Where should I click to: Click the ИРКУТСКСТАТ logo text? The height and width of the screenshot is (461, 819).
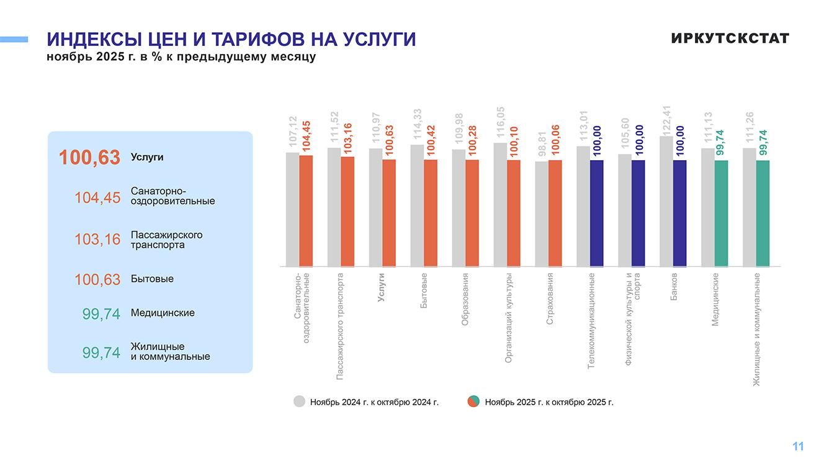(730, 38)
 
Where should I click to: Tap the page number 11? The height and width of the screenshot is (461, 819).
(798, 446)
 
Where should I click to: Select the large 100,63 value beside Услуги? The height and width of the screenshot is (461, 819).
(89, 158)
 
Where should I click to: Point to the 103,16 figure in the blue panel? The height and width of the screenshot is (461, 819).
(97, 239)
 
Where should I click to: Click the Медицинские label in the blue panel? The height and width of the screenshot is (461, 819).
(163, 313)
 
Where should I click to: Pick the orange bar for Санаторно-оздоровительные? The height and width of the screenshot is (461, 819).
(306, 210)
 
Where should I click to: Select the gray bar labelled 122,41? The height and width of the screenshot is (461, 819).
(666, 201)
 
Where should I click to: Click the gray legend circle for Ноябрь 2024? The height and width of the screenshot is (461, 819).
(300, 401)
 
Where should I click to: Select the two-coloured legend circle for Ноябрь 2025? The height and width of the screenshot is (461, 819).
(473, 401)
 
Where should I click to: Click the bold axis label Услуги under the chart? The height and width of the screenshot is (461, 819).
(382, 287)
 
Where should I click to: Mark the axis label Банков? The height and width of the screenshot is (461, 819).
(674, 286)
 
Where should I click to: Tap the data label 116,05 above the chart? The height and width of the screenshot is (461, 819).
(500, 124)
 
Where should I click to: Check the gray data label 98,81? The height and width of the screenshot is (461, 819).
(542, 143)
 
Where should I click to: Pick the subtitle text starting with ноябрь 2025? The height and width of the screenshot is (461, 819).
(181, 57)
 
